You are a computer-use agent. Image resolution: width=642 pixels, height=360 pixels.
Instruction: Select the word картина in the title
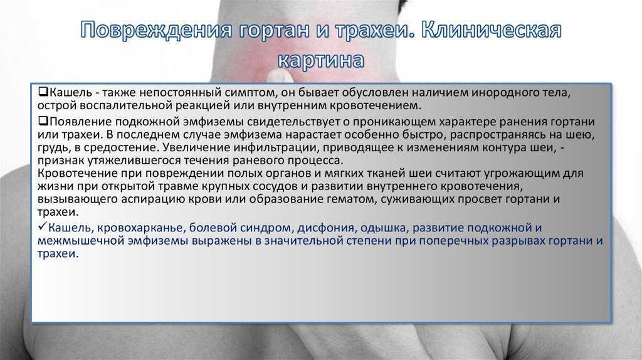[x=320, y=60]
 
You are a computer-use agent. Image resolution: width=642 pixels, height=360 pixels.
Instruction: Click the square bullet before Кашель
[x=43, y=92]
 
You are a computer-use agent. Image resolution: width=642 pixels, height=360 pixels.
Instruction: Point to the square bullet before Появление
[x=43, y=121]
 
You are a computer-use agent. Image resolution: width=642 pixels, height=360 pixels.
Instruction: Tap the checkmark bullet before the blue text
[x=43, y=226]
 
